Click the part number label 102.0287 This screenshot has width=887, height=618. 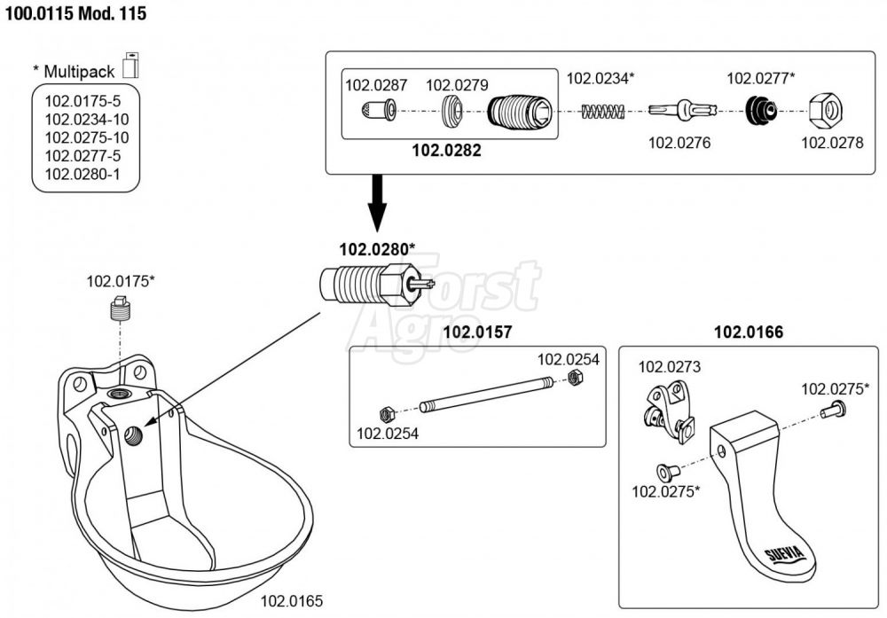pos(376,86)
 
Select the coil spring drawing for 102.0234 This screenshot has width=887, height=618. pos(603,112)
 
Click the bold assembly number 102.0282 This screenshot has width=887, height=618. pos(446,151)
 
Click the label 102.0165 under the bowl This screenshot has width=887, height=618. pos(291,601)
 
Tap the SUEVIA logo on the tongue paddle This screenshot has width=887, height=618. pos(783,556)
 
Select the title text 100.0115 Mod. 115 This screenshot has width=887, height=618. pos(77,15)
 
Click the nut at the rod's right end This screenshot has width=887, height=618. pos(574,379)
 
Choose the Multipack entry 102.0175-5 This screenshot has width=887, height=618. pos(82,101)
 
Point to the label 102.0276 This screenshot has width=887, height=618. pos(679,142)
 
